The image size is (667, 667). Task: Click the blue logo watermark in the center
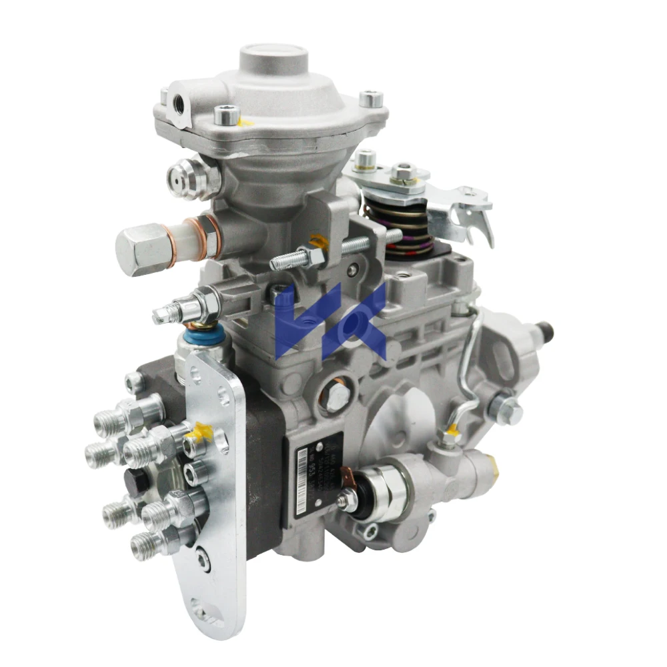[x=331, y=319]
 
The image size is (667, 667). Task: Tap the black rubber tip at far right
[x=546, y=330]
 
